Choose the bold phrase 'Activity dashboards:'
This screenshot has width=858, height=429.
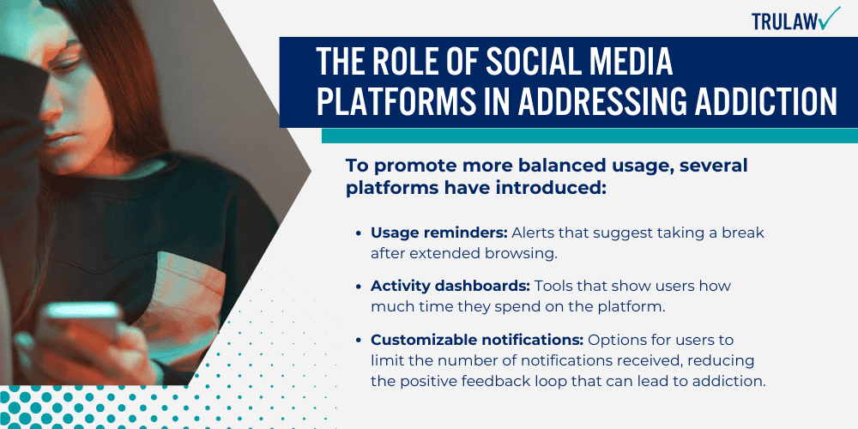439,287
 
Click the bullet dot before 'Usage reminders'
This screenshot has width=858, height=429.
358,233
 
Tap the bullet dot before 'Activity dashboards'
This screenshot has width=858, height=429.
358,287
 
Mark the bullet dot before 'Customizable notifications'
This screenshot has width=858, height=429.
358,341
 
